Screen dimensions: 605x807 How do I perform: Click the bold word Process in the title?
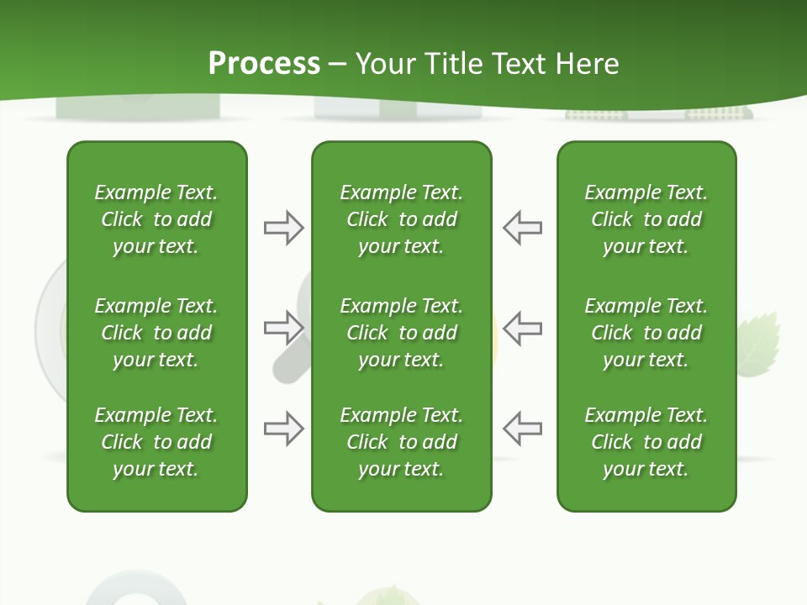point(264,64)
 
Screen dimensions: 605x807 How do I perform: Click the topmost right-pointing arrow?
point(283,228)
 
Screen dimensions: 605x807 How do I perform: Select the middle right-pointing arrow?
point(283,328)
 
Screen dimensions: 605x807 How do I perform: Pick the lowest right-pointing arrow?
point(283,429)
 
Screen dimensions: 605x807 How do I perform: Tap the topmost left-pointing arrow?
point(522,228)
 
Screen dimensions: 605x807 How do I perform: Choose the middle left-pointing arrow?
point(522,328)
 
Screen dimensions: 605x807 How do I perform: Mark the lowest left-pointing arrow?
point(522,429)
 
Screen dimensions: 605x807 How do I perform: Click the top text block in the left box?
point(156,219)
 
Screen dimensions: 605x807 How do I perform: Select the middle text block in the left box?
point(156,333)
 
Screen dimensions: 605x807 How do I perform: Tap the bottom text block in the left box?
point(156,442)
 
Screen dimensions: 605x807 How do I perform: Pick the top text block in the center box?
point(401,219)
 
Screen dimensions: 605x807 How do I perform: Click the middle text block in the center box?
point(401,333)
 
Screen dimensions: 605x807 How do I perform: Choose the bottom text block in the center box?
point(401,442)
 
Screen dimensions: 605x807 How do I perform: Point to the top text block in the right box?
point(646,219)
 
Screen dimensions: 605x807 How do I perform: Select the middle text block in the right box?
point(646,333)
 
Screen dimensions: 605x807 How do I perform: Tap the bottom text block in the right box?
point(646,442)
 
